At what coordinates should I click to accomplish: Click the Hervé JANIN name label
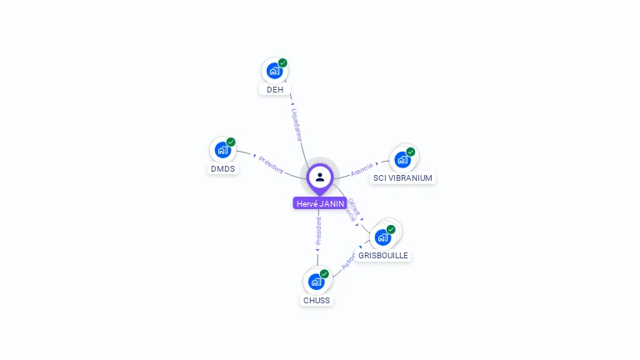[x=320, y=203]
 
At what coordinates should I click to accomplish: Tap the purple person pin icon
[x=320, y=177]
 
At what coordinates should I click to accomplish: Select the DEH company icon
[x=274, y=71]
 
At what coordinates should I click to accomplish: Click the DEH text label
[x=275, y=89]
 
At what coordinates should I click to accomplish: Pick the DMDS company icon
[x=222, y=150]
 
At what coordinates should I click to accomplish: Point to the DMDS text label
[x=222, y=168]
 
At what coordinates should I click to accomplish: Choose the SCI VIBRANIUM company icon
[x=403, y=159]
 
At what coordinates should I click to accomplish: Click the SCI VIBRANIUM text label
[x=403, y=178]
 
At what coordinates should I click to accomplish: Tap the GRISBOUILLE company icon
[x=383, y=237]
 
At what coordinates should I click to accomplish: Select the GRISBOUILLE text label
[x=383, y=256]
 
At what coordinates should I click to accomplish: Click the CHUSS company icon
[x=316, y=282]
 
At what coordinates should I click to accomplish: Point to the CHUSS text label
[x=317, y=301]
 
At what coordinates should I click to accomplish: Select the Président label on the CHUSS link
[x=317, y=231]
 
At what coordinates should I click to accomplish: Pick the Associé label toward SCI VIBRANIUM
[x=362, y=169]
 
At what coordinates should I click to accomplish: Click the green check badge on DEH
[x=282, y=63]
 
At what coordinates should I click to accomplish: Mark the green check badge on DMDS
[x=231, y=142]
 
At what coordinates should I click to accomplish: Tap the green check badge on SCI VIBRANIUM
[x=411, y=152]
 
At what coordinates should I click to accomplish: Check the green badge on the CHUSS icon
[x=324, y=274]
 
